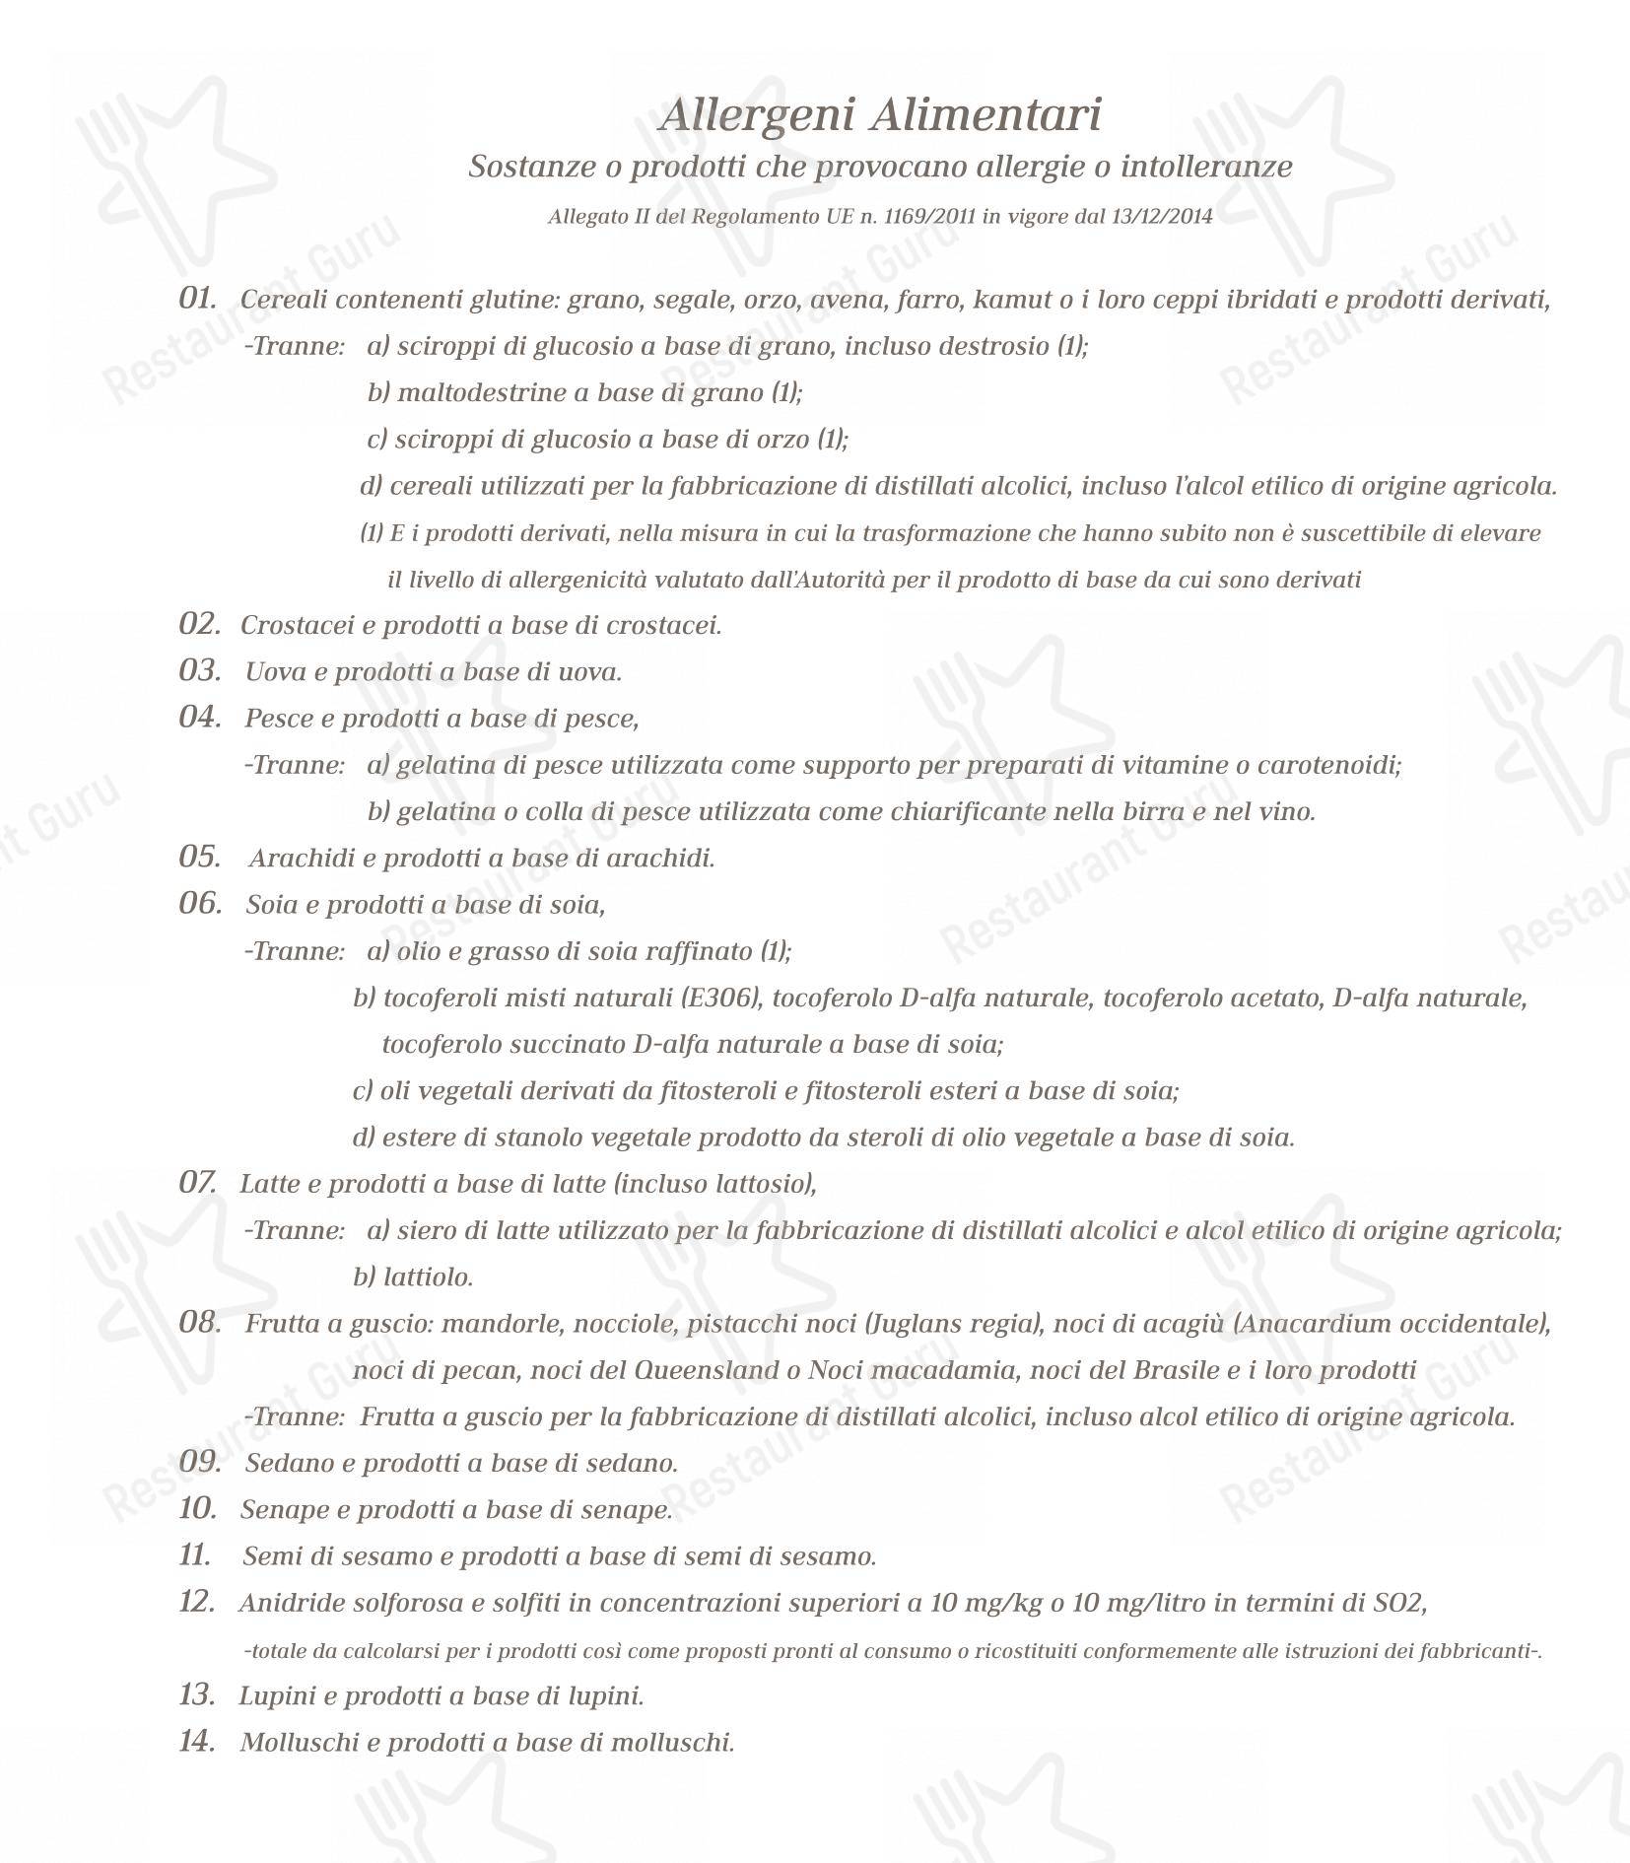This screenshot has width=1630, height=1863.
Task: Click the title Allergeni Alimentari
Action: tap(879, 115)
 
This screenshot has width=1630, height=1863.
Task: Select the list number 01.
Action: tap(197, 299)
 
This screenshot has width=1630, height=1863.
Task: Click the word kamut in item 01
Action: tap(1012, 300)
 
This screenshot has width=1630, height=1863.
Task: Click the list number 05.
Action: tap(198, 858)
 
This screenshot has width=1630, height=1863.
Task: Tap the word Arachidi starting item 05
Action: tap(302, 859)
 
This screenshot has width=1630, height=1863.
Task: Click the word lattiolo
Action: tap(428, 1277)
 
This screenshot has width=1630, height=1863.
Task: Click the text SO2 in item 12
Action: tap(1399, 1604)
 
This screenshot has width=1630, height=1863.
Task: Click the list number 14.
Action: tap(197, 1742)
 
